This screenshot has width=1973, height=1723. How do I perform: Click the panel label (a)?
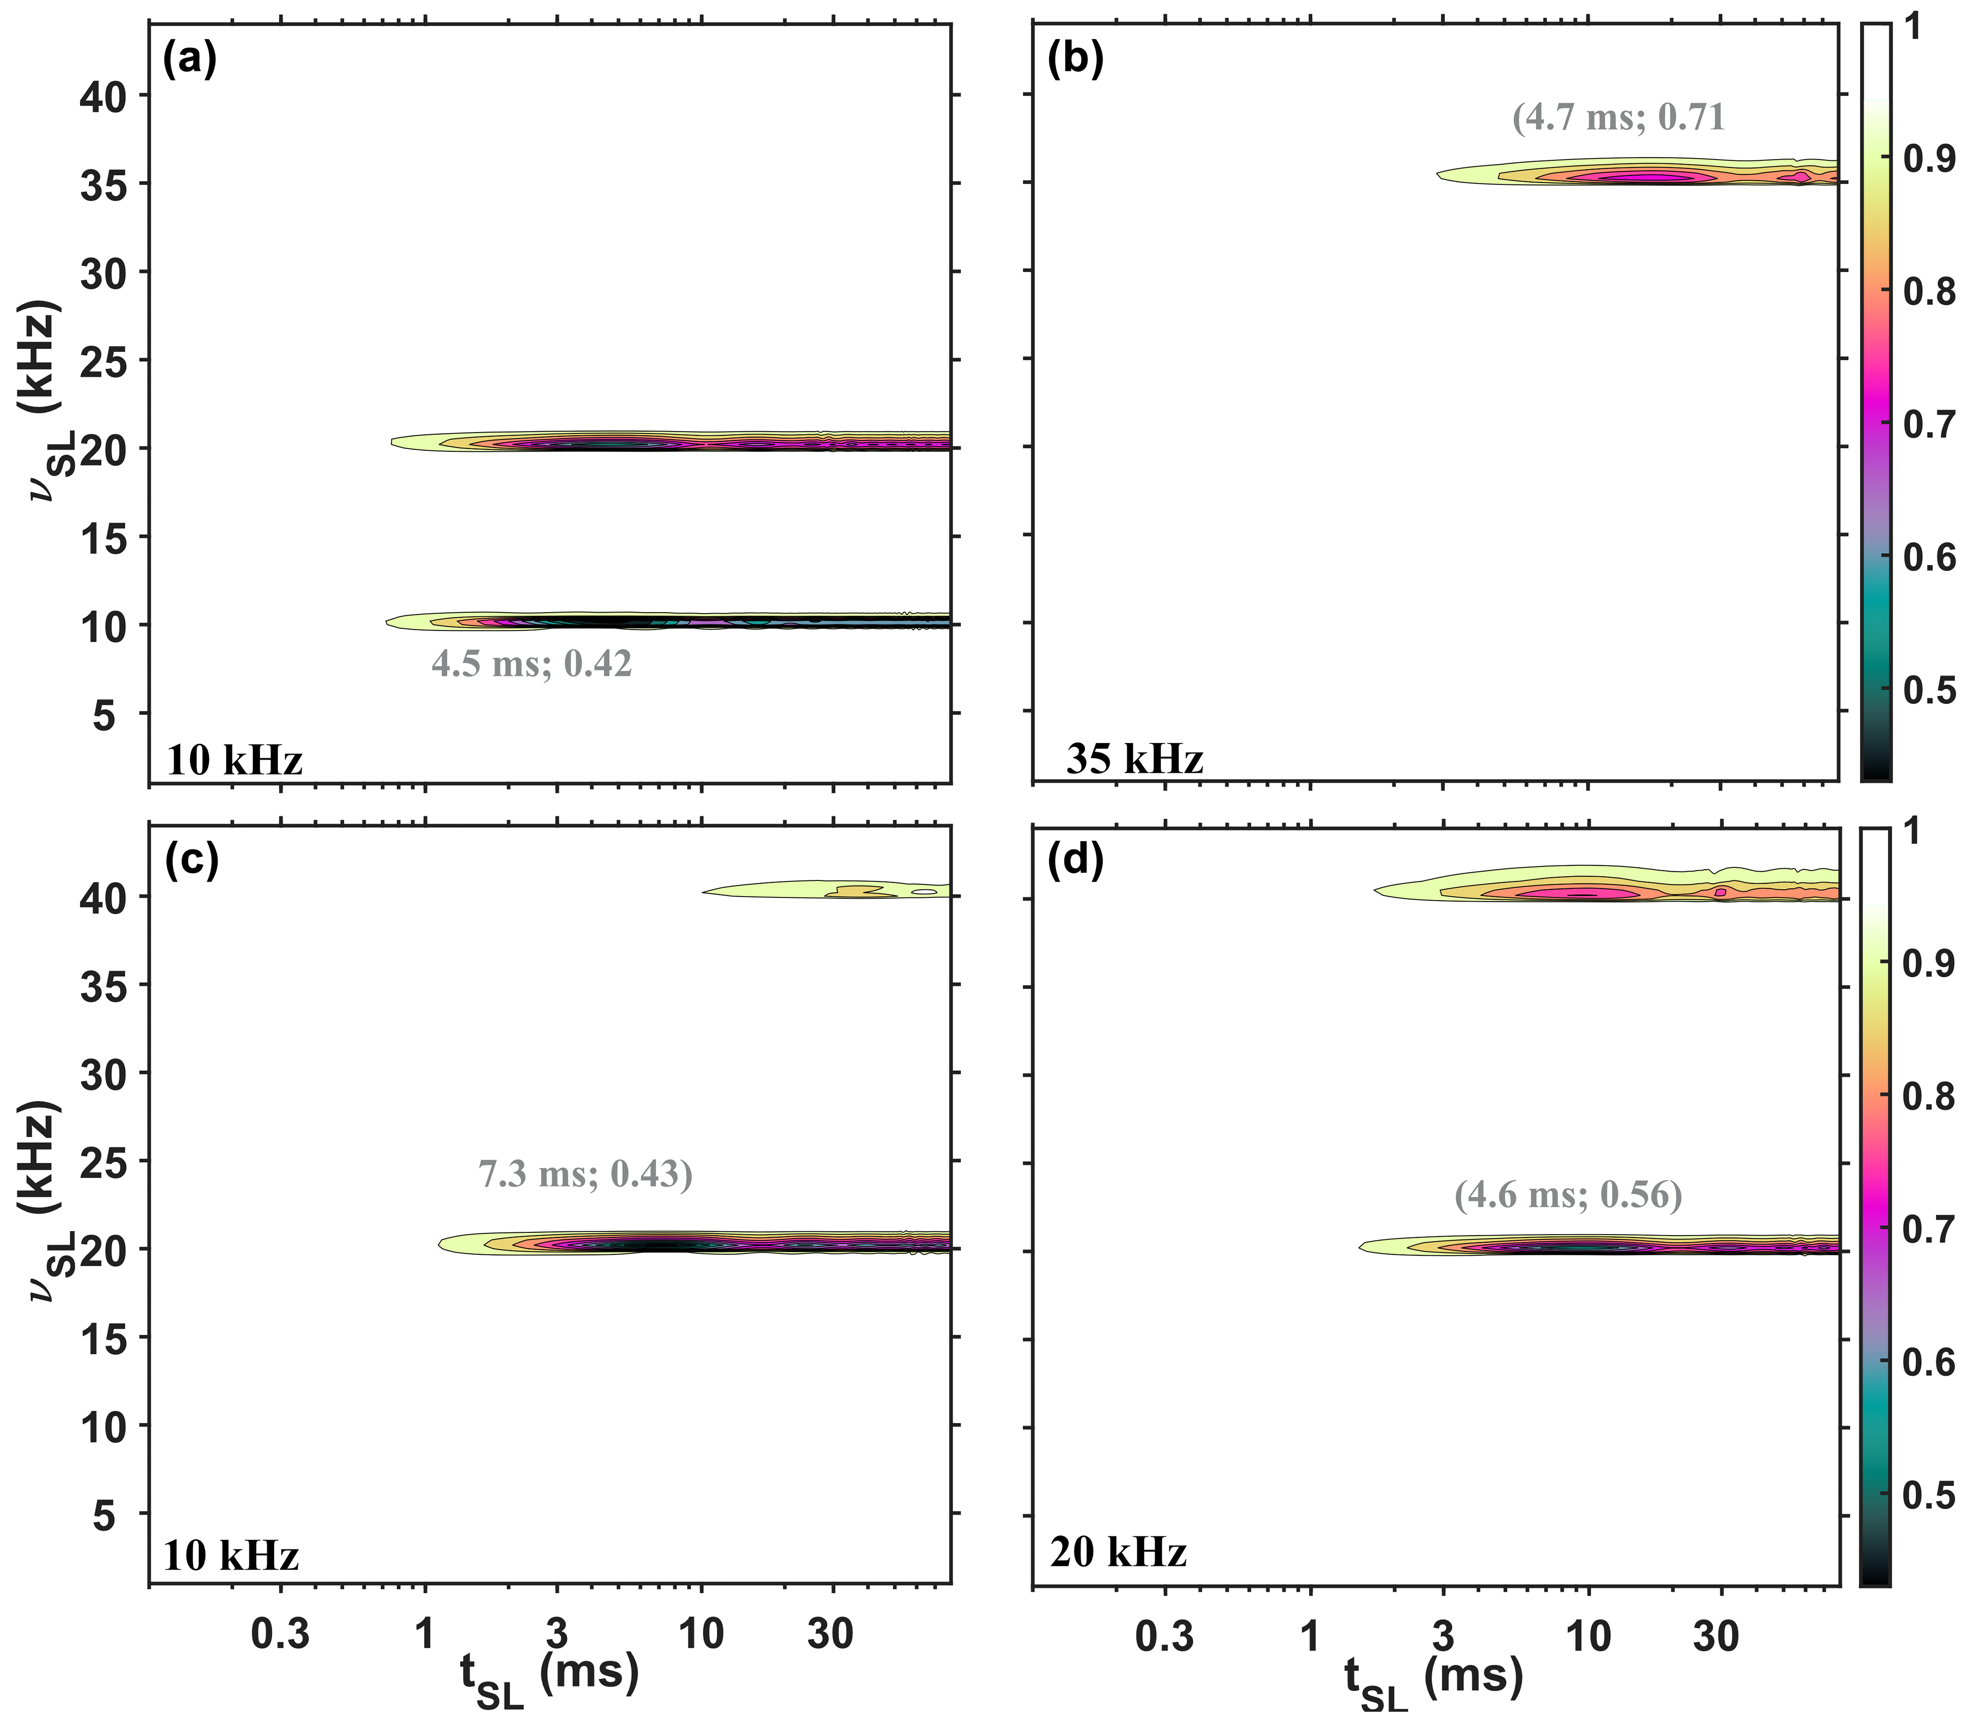pyautogui.click(x=190, y=60)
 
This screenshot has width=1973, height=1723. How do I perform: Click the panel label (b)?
pyautogui.click(x=1075, y=60)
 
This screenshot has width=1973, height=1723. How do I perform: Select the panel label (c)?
pyautogui.click(x=191, y=860)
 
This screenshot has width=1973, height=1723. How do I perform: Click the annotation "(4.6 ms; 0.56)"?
pyautogui.click(x=1568, y=1195)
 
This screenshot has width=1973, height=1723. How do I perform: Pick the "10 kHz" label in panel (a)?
pyautogui.click(x=235, y=761)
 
